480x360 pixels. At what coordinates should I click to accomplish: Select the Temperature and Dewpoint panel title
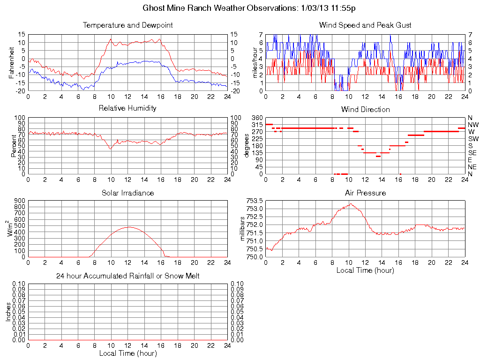click(127, 25)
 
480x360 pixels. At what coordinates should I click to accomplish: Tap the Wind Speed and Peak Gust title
click(365, 25)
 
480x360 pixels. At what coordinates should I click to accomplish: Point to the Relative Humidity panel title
click(127, 108)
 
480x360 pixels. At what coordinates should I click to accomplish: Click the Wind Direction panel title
click(365, 110)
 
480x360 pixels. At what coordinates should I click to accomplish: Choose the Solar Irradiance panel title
click(127, 193)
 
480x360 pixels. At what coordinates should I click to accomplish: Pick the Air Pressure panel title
click(365, 193)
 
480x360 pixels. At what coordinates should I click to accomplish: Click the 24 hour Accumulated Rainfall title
click(127, 276)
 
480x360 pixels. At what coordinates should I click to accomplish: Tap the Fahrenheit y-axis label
click(12, 62)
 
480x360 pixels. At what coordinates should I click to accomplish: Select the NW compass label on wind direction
click(472, 125)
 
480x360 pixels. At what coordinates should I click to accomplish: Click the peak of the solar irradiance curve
click(128, 227)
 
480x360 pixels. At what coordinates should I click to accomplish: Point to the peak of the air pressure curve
click(350, 203)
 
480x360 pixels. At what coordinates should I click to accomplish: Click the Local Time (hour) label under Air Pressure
click(365, 270)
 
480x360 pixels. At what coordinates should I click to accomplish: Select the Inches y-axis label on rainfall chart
click(8, 311)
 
